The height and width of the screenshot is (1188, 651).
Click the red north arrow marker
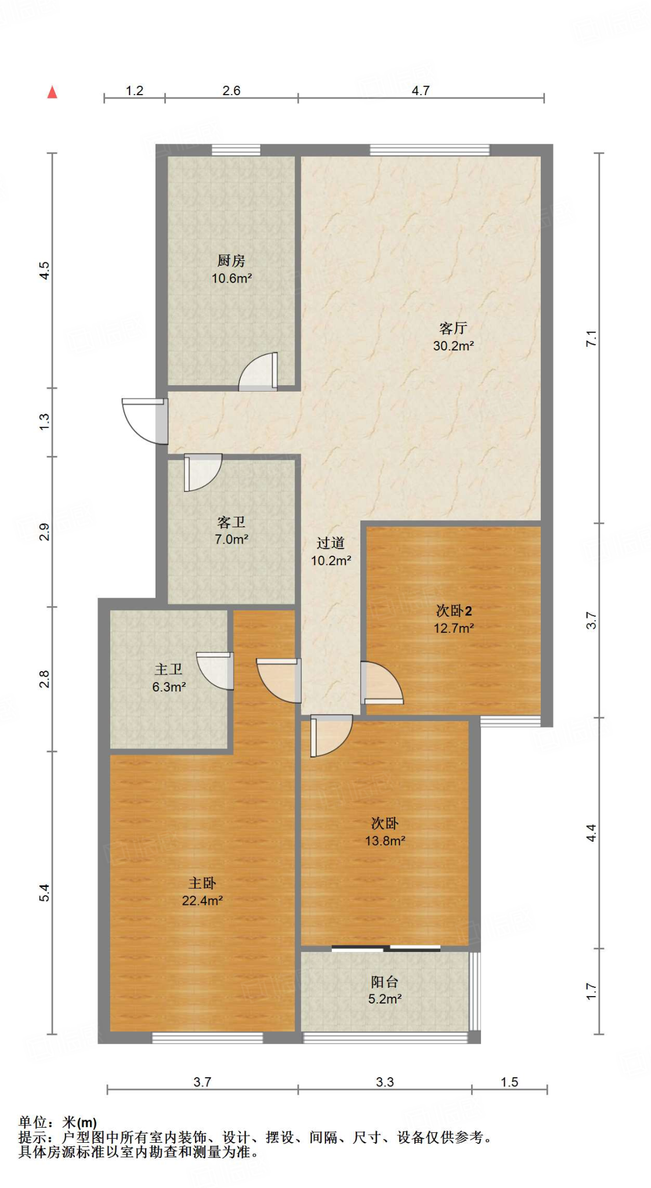(x=52, y=92)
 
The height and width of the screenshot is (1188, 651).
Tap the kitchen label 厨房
(x=231, y=260)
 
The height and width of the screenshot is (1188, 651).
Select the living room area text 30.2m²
(x=453, y=346)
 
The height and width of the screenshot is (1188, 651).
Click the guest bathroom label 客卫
(x=231, y=522)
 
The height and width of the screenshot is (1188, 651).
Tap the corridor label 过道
(x=330, y=543)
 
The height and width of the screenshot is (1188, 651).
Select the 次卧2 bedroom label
(x=453, y=610)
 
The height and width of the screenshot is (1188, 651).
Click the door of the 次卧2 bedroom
(x=381, y=683)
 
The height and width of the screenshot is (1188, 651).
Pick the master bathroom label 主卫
(x=168, y=669)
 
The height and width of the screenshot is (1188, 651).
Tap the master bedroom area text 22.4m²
(x=202, y=900)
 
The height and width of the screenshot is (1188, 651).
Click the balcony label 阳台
(x=384, y=981)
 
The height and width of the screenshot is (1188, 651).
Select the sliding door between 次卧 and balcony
(x=386, y=948)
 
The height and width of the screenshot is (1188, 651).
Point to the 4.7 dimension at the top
(x=420, y=90)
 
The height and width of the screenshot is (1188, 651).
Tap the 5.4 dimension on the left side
(x=45, y=893)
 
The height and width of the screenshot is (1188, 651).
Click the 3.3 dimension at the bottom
(x=384, y=1082)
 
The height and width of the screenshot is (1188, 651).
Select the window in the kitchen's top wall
(x=236, y=150)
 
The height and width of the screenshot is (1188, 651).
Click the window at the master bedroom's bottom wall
(x=207, y=1038)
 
